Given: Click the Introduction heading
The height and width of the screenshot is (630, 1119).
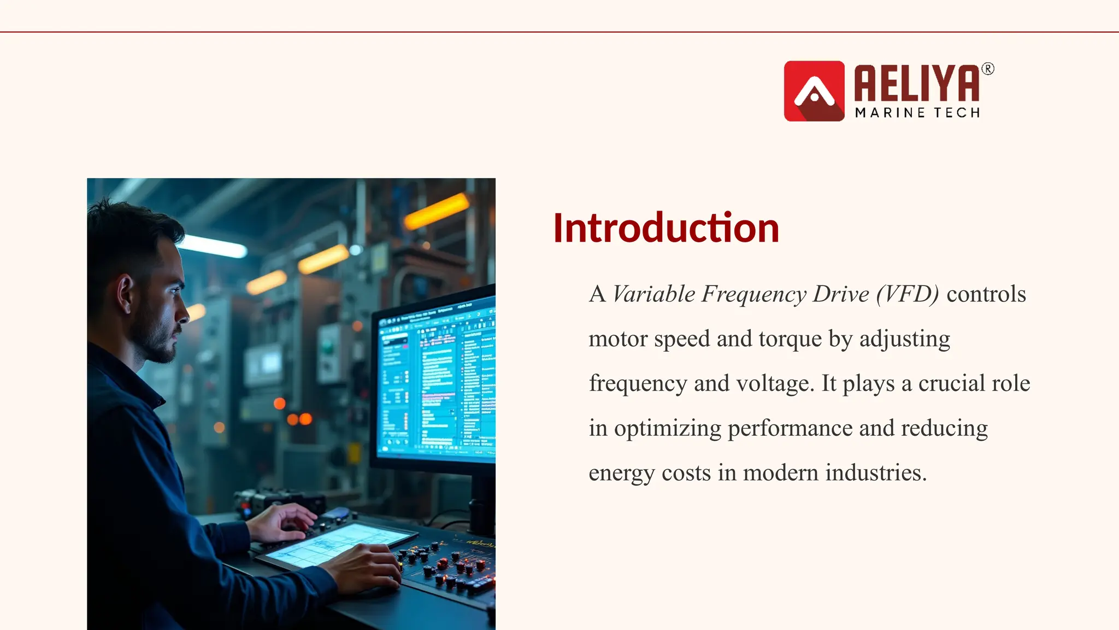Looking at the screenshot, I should pyautogui.click(x=665, y=228).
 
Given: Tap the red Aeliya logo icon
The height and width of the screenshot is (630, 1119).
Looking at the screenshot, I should pyautogui.click(x=814, y=91).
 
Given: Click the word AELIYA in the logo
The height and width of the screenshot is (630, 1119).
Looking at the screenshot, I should pyautogui.click(x=917, y=83).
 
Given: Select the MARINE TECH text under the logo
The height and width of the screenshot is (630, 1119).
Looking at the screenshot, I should pyautogui.click(x=917, y=113).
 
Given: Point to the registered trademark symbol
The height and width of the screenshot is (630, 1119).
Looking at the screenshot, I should pyautogui.click(x=988, y=69).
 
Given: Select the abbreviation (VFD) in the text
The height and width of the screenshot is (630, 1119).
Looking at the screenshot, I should pyautogui.click(x=908, y=294).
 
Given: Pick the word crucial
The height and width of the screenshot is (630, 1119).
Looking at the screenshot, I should pyautogui.click(x=952, y=383).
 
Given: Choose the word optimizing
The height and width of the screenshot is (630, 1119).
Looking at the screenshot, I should pyautogui.click(x=667, y=428).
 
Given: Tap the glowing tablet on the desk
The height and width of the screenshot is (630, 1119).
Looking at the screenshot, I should pyautogui.click(x=333, y=544).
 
